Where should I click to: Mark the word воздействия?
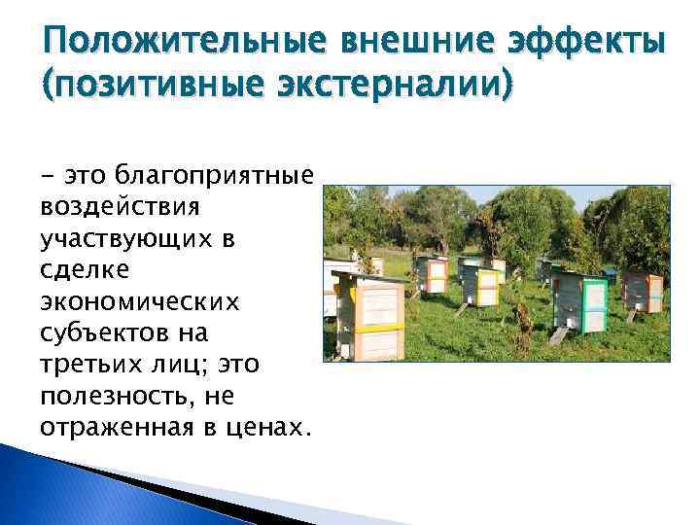tap(120, 206)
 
